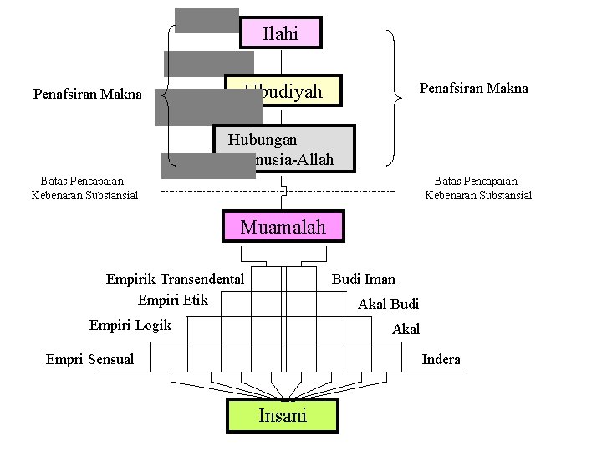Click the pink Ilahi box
click(281, 33)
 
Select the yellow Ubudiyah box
click(293, 91)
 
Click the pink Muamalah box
click(283, 227)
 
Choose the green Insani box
click(283, 415)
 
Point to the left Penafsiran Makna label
click(87, 94)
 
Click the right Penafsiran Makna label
click(473, 88)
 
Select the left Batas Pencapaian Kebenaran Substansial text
click(84, 188)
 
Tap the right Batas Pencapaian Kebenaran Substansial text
click(478, 188)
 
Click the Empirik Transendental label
click(175, 279)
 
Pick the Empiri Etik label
click(167, 299)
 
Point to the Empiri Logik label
click(130, 325)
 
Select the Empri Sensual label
click(89, 359)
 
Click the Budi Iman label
click(364, 279)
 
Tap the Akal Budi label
click(388, 304)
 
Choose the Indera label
click(441, 359)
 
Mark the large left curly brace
click(165, 94)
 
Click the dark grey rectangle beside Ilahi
click(207, 20)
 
